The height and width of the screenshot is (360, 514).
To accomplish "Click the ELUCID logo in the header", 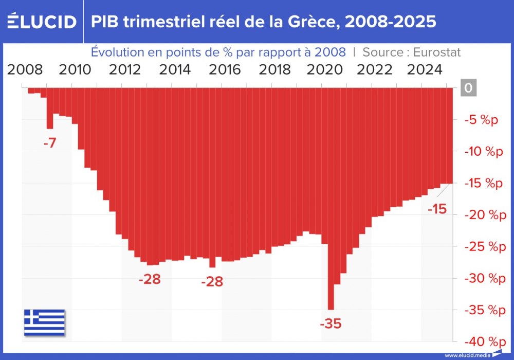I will (42, 22).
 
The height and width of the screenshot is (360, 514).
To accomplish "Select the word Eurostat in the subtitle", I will (433, 52).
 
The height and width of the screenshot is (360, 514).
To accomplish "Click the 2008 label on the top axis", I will (25, 69).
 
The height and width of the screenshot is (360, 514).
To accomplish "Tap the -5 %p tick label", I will (481, 120).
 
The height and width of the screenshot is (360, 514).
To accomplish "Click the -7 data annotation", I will (49, 143).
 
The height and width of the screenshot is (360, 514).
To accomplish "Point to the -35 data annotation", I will (330, 324).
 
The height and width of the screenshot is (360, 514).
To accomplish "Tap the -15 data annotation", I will (437, 209).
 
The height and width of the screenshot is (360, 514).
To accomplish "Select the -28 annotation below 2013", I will (150, 279).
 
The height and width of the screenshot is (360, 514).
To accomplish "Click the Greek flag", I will (44, 322).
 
